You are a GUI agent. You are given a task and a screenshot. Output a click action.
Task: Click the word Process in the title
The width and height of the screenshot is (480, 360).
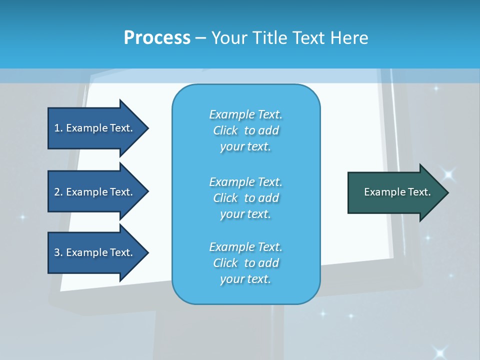(157, 38)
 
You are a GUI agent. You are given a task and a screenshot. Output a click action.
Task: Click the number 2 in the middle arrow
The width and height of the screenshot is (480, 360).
(57, 192)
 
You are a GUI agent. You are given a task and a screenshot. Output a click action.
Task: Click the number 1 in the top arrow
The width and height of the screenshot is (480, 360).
(57, 128)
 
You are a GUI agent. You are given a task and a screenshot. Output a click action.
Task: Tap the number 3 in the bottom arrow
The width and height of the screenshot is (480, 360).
(57, 252)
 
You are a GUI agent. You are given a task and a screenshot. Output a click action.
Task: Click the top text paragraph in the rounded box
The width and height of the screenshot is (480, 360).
(245, 130)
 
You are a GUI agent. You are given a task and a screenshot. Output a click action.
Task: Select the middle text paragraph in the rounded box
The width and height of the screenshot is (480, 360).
(245, 198)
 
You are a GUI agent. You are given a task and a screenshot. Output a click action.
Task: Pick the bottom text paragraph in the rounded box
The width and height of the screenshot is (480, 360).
(245, 263)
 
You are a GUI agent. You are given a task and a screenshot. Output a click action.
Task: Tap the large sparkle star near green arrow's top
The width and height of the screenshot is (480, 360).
(448, 174)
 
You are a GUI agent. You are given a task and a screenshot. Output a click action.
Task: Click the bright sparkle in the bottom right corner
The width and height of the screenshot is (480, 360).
(440, 351)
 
